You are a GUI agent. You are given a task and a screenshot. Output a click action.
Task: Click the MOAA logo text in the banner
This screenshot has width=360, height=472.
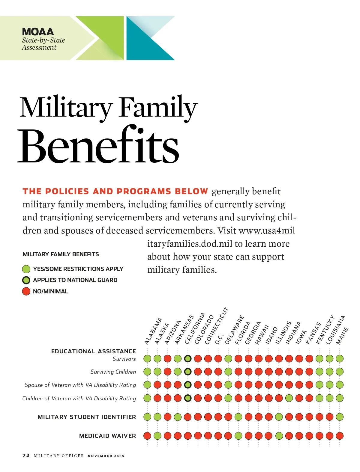(38, 32)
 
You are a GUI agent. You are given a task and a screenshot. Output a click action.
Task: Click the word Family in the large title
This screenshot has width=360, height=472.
(158, 108)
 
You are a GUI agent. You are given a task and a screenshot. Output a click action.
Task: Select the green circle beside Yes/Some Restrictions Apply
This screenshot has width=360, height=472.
(26, 269)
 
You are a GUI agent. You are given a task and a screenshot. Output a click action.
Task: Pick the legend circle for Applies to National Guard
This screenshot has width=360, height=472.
(26, 280)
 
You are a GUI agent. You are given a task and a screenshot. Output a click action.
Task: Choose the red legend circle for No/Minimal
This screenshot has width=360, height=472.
(26, 291)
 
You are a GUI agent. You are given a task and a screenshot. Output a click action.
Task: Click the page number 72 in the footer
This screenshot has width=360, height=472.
(26, 456)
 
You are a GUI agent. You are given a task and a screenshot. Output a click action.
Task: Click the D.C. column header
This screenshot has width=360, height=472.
(219, 339)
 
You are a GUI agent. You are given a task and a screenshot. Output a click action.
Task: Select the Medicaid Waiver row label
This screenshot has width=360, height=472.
(107, 436)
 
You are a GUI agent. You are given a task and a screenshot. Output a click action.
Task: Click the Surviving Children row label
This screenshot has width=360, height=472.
(113, 372)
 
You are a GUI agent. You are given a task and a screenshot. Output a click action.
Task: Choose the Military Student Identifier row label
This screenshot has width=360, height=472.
(87, 417)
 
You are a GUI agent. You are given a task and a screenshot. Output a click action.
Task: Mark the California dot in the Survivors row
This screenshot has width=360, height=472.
(188, 358)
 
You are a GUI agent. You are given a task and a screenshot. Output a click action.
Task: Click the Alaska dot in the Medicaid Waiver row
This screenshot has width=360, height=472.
(157, 436)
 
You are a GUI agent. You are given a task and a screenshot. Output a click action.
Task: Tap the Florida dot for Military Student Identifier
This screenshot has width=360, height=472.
(238, 417)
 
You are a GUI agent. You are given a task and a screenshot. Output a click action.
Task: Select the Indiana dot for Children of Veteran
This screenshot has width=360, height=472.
(289, 398)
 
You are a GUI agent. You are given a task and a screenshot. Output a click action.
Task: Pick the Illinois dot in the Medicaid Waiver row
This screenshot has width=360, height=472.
(279, 436)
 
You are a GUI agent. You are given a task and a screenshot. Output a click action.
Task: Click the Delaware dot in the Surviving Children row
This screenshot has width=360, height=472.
(228, 372)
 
